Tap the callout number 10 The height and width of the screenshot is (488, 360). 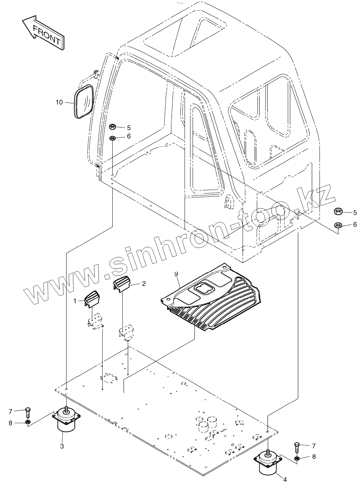59,102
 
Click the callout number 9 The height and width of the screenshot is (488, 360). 176,274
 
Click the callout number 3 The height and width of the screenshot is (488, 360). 62,446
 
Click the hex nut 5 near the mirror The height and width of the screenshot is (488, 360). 113,127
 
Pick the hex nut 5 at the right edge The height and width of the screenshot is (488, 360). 338,212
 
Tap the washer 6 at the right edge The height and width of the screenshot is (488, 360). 338,224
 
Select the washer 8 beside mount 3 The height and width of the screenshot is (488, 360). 28,423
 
